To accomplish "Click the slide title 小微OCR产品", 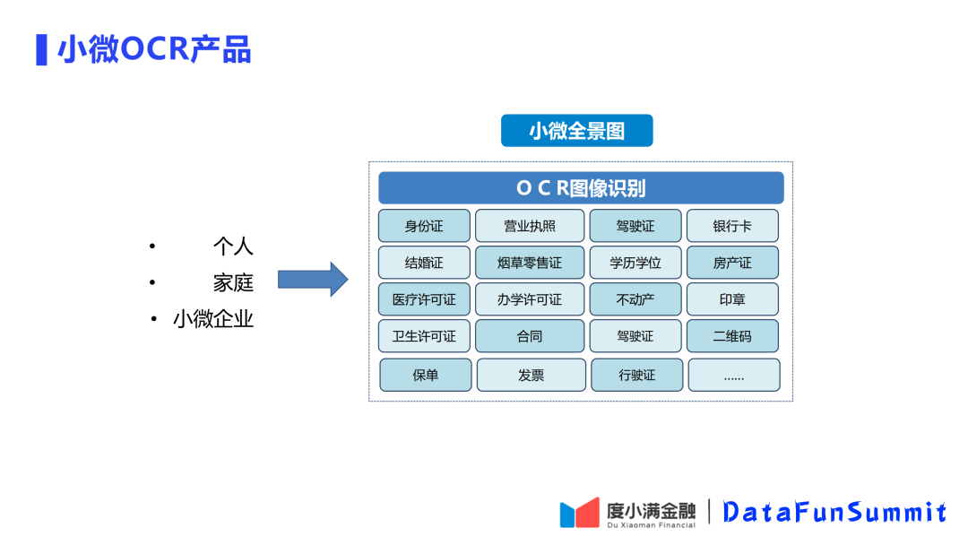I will coord(154,49).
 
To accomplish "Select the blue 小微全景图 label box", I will coord(576,131).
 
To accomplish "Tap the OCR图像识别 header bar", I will coord(581,188).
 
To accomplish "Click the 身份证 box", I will coord(424,226).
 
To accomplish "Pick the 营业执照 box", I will coord(530,226).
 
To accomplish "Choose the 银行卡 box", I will coord(732,226).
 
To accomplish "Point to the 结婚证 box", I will coord(424,263).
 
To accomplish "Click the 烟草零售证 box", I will coord(530,263).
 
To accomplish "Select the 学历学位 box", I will coord(635,263).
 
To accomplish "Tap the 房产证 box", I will coord(732,263).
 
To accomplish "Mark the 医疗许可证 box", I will coord(424,299).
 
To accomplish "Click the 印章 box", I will coord(732,299).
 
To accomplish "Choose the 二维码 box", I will coord(732,336).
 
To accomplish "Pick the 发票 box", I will coord(531,375).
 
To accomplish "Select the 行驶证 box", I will coord(636,375).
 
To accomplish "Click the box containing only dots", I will coord(733,375).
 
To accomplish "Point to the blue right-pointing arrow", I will coord(312,280).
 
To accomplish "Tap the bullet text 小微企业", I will coord(213,319).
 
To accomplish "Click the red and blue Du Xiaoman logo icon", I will coord(579,512).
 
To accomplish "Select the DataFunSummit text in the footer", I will coord(834,512).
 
